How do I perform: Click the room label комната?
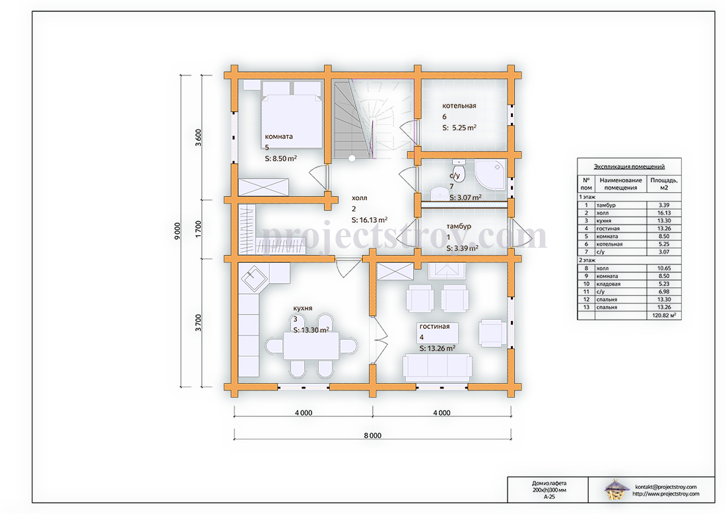coord(279,136)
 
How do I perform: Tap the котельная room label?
coord(459,106)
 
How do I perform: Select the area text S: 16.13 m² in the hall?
coord(370,220)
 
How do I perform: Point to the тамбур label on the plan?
coord(459,226)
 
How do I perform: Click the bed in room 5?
coord(292,115)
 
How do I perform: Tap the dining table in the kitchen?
coord(311,346)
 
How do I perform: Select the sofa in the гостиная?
coord(438,367)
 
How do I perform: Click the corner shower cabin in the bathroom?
coord(490,174)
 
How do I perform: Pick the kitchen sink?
coord(254,279)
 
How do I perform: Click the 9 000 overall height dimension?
coord(178,231)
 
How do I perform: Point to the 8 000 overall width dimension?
coord(372,435)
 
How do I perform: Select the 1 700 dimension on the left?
coord(198,229)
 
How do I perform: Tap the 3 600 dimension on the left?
coord(198,137)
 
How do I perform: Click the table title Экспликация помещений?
coord(629,167)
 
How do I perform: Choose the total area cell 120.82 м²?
coord(664,315)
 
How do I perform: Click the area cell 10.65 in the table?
coord(664,268)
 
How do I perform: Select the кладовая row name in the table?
coord(609,284)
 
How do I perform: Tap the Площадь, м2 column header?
coord(664,184)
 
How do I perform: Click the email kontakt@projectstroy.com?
coord(666,487)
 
